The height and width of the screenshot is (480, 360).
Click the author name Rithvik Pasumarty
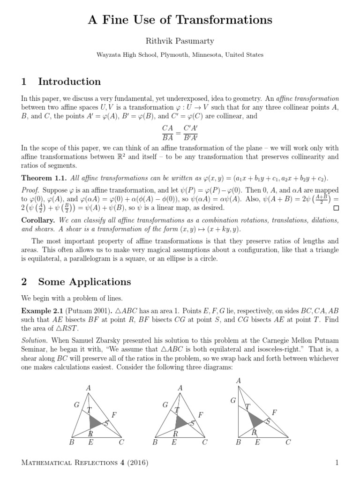pos(180,41)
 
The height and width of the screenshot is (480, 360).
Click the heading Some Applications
pos(84,282)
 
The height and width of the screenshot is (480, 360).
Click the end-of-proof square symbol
pos(335,208)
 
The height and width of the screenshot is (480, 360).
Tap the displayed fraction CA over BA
pos(167,133)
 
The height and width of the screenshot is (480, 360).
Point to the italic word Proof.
pos(31,191)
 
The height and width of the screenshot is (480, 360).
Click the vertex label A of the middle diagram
pos(180,388)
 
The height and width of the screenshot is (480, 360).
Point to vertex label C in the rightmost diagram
pos(288,442)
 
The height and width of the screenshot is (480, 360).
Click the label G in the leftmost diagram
pos(76,404)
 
